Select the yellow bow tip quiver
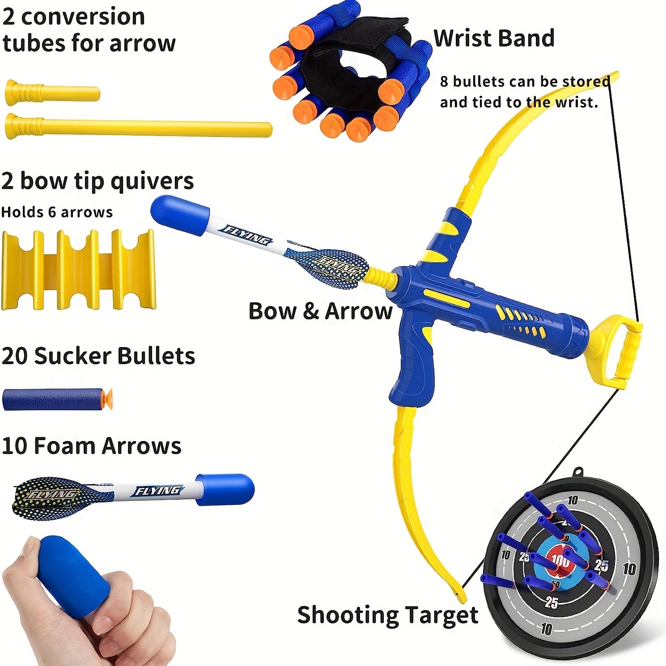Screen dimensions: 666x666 pos(78,271)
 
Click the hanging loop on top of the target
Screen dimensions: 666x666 pos(578,472)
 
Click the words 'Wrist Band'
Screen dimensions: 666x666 pos(494,38)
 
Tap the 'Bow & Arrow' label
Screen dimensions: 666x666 pos(320,311)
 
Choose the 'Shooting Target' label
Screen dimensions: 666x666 pos(387,615)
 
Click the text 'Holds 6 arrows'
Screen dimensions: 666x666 pos(57,212)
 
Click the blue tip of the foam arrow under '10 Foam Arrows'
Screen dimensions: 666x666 pos(226,489)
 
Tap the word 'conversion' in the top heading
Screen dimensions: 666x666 pos(83,17)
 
